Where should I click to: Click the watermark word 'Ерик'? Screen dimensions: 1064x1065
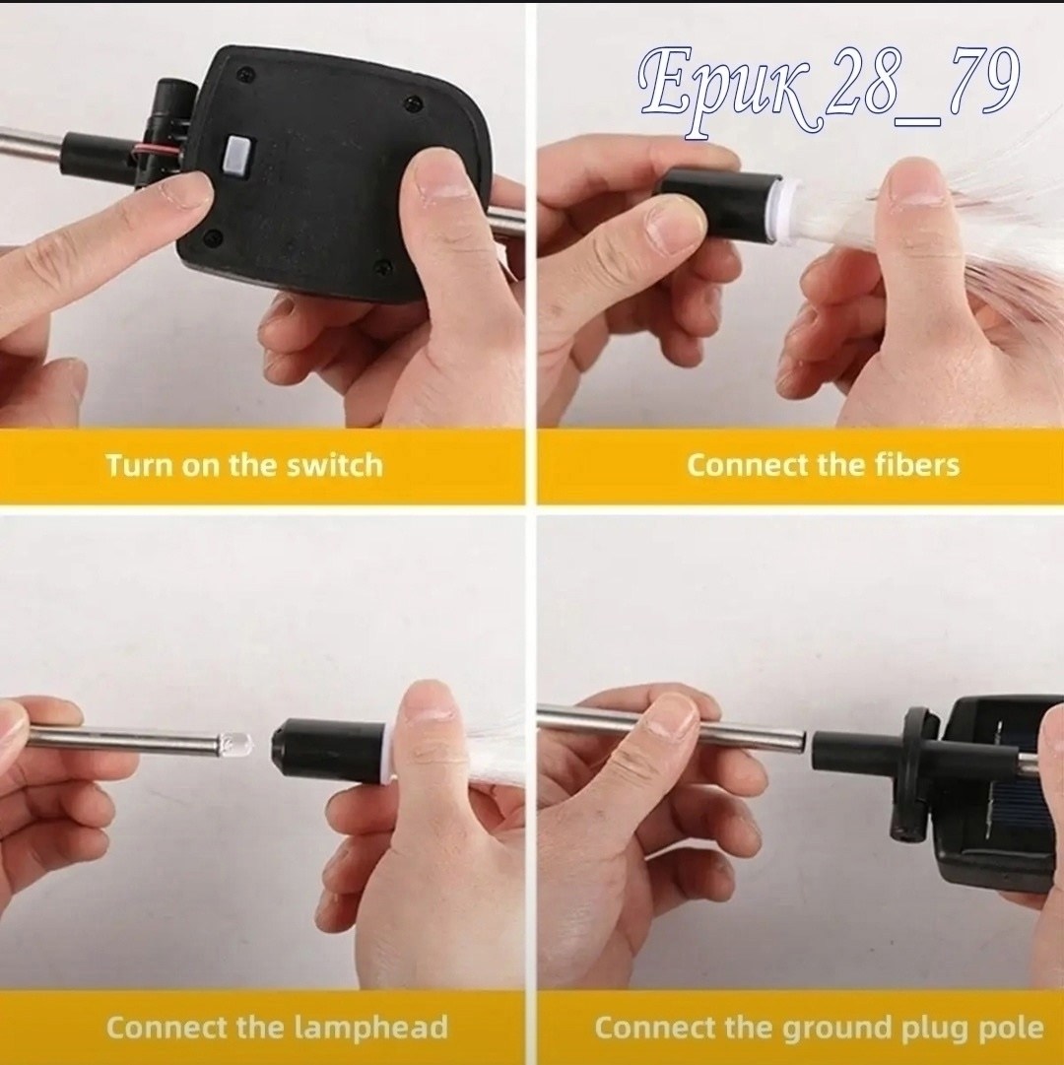724,92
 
